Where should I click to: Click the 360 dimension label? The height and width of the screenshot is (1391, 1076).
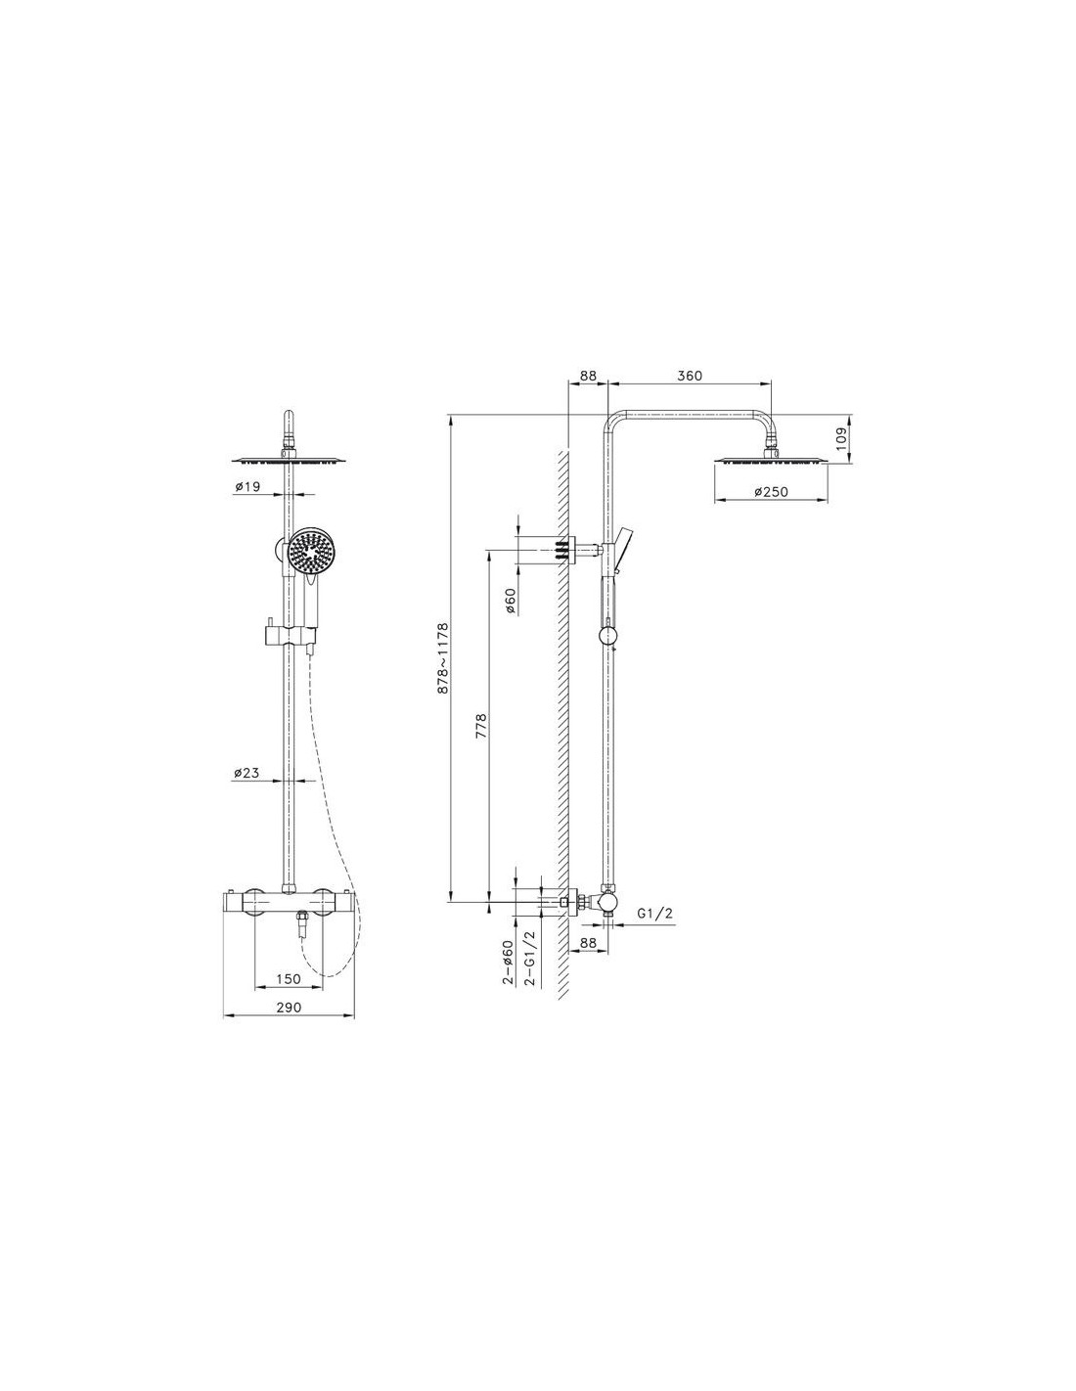coord(689,376)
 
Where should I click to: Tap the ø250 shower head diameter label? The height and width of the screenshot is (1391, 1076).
coord(770,492)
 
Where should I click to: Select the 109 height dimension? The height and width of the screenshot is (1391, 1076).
coord(841,438)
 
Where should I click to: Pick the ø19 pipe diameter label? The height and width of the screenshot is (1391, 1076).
coord(247,487)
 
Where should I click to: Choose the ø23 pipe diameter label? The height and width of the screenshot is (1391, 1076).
coord(247,773)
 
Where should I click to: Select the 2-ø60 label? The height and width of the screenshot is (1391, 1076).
coord(509,961)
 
